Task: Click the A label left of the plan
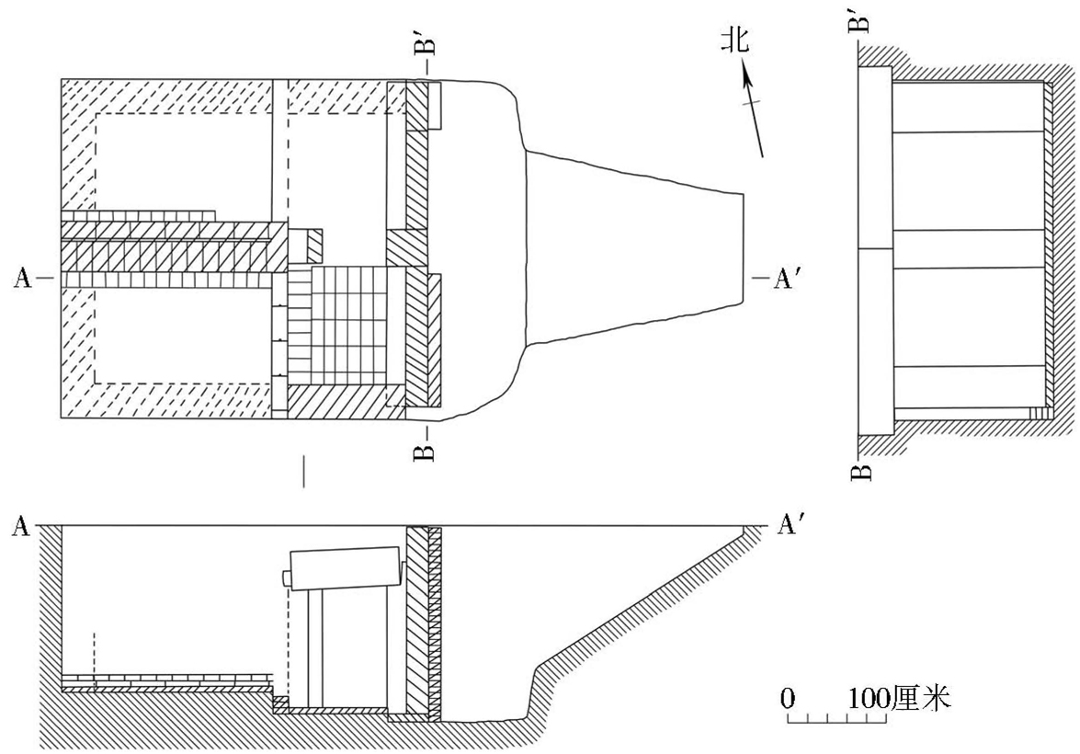coord(22,278)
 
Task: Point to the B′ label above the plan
coord(427,42)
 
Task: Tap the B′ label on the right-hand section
coord(858,18)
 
